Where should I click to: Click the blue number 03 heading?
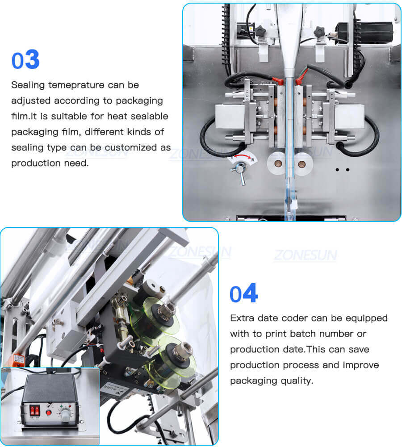(x=25, y=60)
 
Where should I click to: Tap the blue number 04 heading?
(x=243, y=294)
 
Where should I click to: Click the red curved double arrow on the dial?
(x=241, y=158)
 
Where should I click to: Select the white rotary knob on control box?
(x=65, y=415)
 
